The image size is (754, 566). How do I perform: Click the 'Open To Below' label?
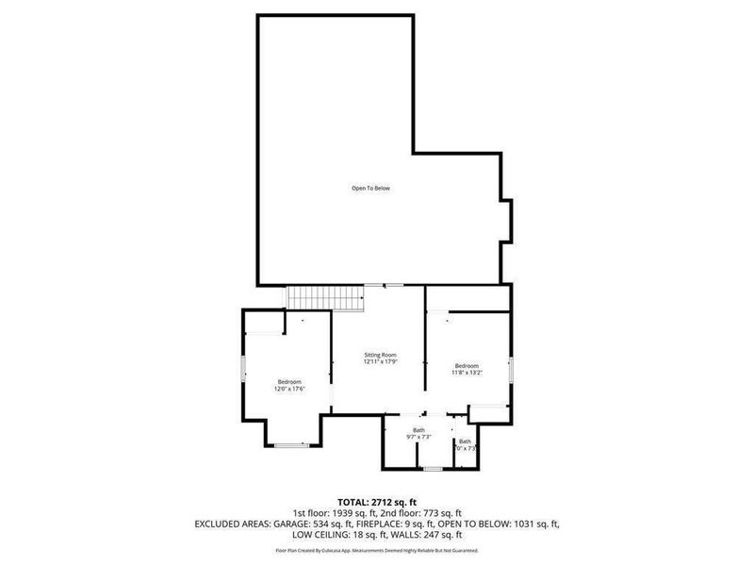(x=370, y=189)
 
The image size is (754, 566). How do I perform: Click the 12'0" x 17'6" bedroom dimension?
(x=288, y=389)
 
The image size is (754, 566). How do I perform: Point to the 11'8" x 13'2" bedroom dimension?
(x=467, y=374)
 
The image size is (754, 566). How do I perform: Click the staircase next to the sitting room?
(x=326, y=297)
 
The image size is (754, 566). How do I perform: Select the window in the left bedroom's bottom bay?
(x=291, y=444)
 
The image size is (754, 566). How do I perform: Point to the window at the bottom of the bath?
(x=433, y=468)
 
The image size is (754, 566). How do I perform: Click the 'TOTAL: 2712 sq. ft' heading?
(x=376, y=501)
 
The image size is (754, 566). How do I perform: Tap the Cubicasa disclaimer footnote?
(x=376, y=549)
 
